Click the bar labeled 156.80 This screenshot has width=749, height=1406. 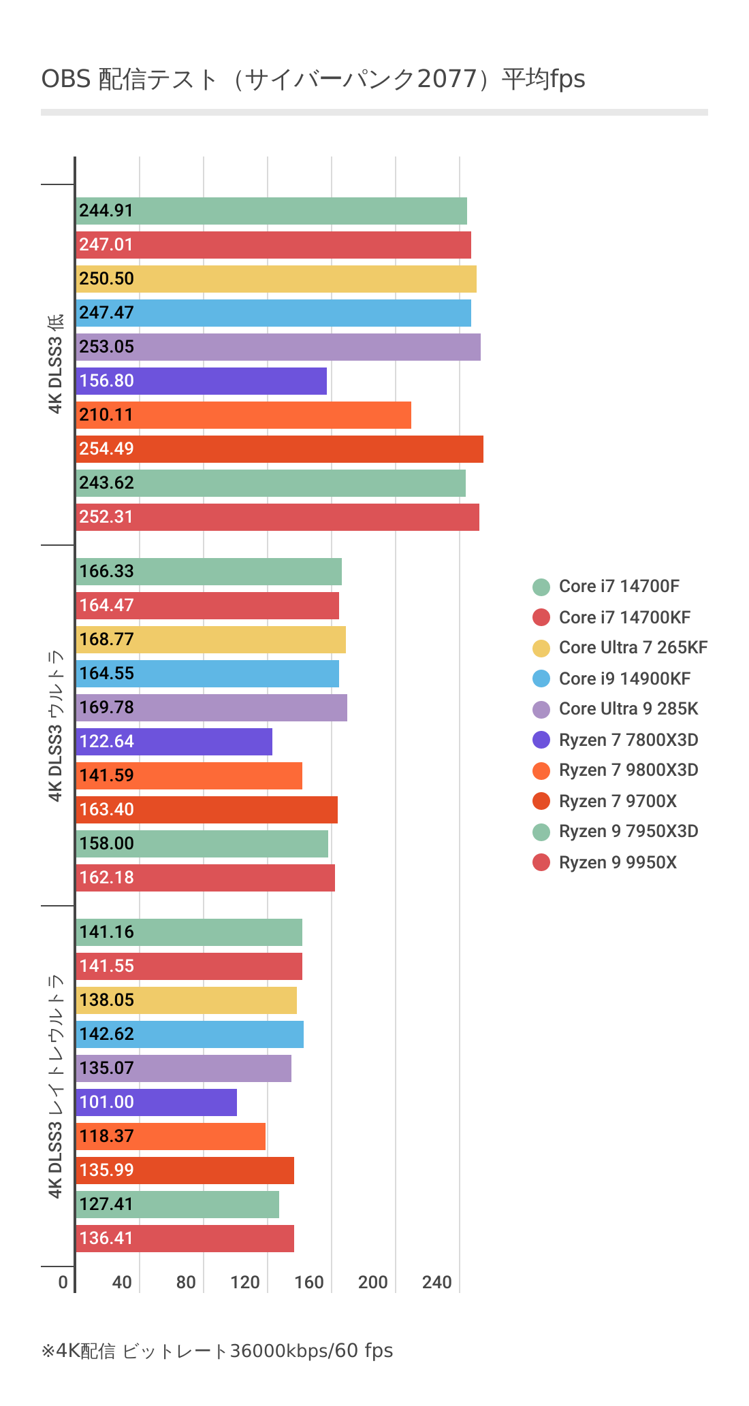coord(202,381)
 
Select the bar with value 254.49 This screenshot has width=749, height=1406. coord(279,449)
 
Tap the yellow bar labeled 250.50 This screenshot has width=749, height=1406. coord(276,279)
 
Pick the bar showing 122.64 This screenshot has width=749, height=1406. coord(174,742)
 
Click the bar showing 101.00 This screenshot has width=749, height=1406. coord(157,1102)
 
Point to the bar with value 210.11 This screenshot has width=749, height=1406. coord(244,415)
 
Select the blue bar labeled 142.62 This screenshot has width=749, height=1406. coord(190,1034)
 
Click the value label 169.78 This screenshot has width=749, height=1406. coord(107,708)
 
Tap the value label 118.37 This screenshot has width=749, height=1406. coord(107,1137)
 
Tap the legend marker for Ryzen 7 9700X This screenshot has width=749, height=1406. coord(541,801)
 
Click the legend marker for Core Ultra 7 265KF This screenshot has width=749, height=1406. coord(541,648)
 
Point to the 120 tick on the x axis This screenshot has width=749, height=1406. coord(245,1283)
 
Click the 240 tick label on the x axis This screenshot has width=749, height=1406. coord(437,1283)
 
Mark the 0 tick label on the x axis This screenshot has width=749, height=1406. coord(63,1283)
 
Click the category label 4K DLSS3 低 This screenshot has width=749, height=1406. coord(56,363)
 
